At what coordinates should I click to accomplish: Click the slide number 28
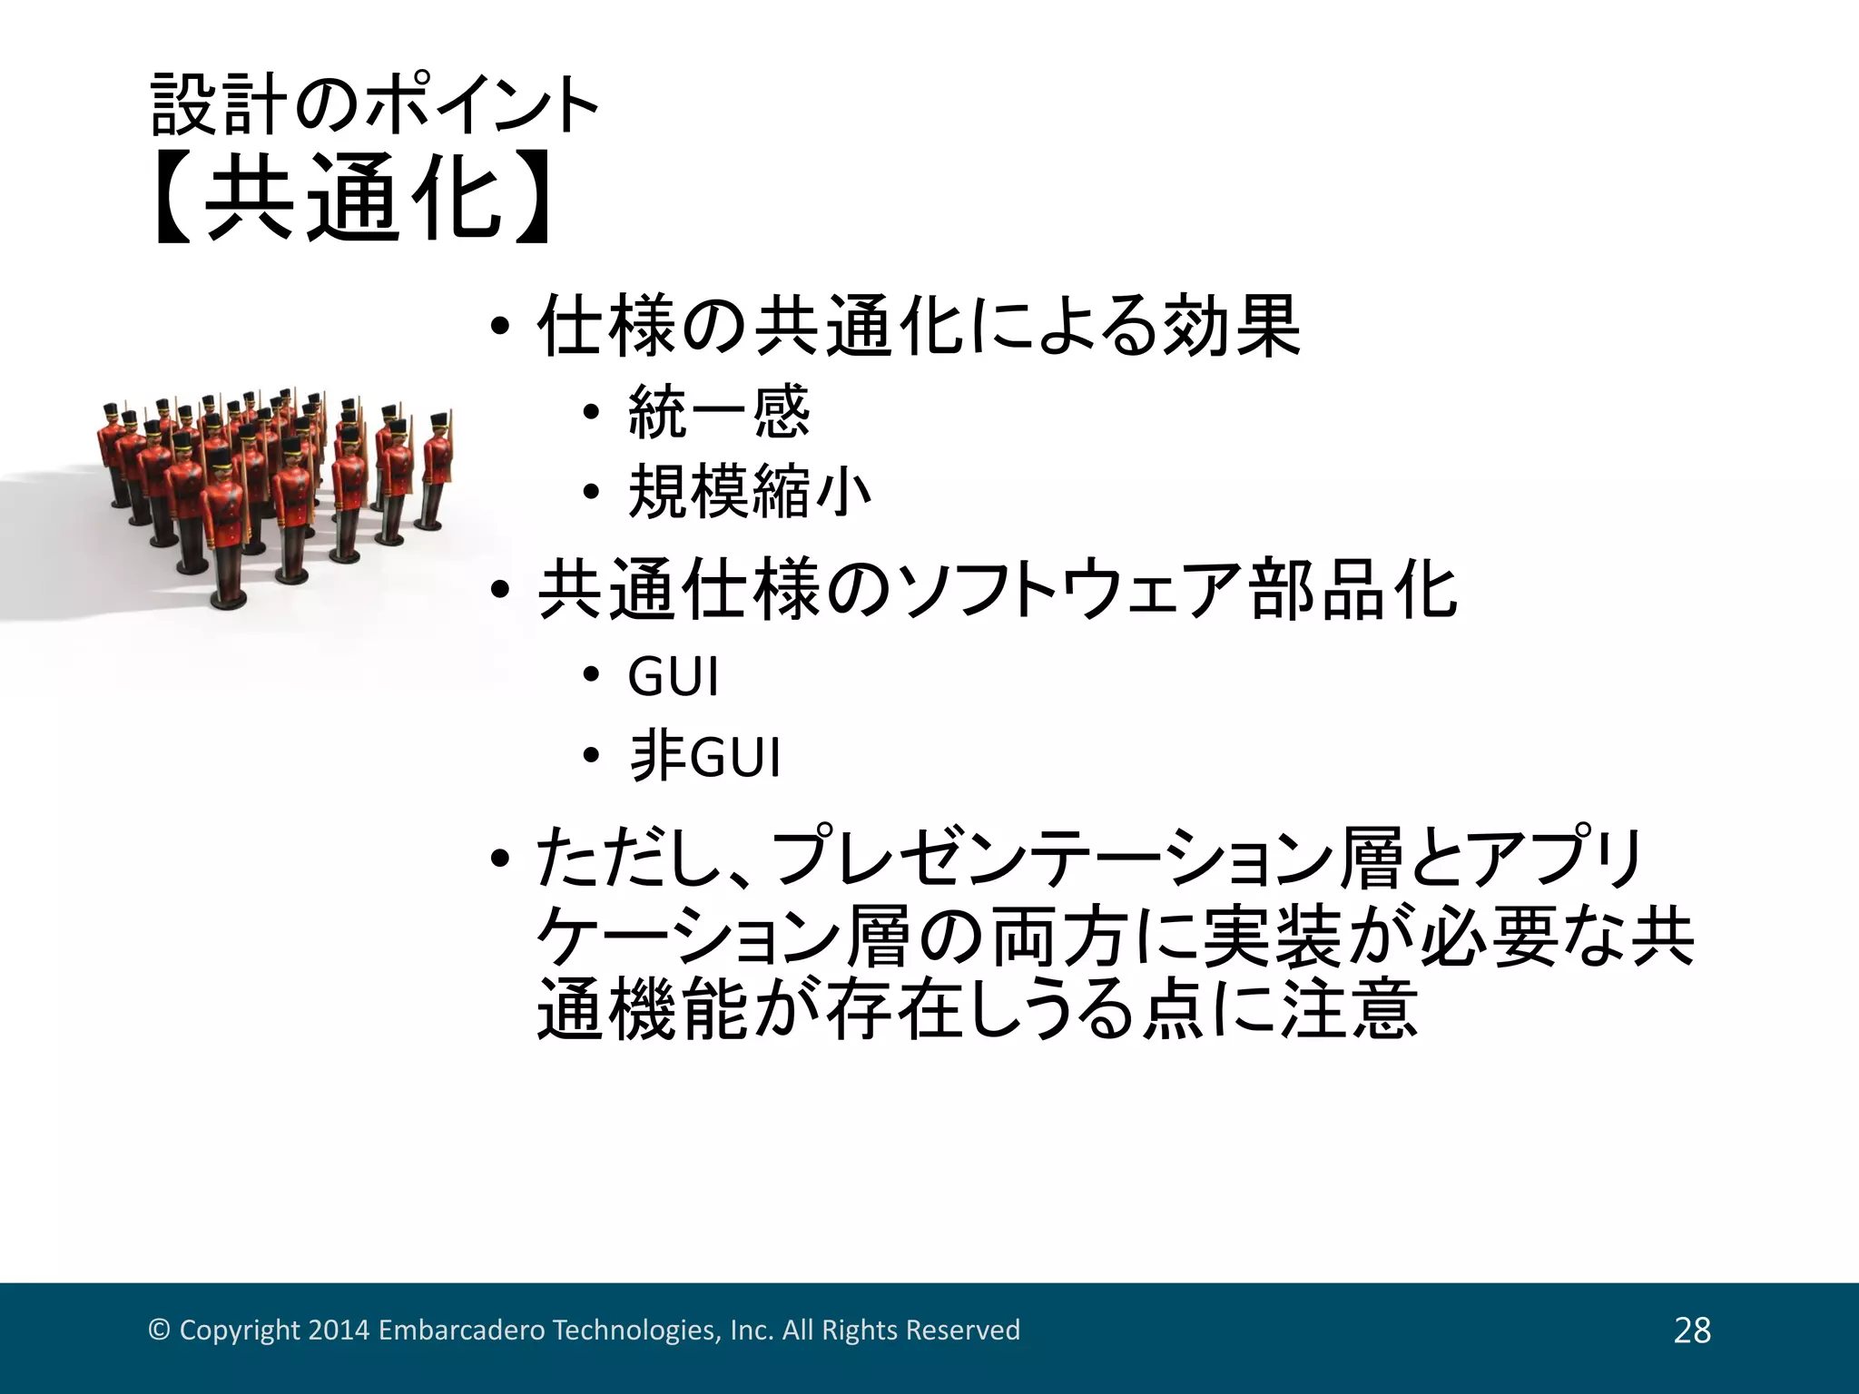pyautogui.click(x=1692, y=1330)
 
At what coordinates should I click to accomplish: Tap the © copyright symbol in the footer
pyautogui.click(x=159, y=1330)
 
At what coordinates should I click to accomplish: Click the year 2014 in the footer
pyautogui.click(x=339, y=1330)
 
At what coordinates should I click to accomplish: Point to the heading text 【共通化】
pyautogui.click(x=354, y=197)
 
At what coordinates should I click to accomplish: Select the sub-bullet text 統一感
pyautogui.click(x=718, y=414)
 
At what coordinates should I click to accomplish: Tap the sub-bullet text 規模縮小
pyautogui.click(x=749, y=493)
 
